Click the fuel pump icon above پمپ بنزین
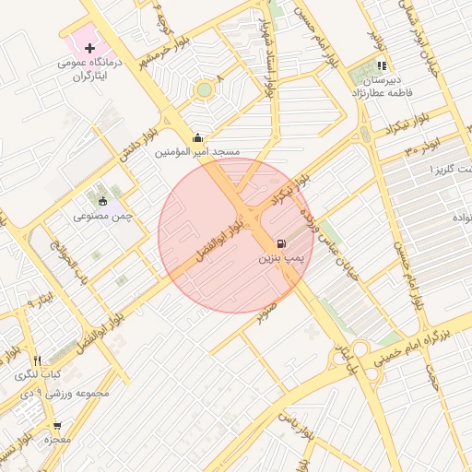pos(280,244)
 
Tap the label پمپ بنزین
pos(280,260)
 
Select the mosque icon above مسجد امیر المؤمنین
pos(196,137)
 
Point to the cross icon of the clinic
pos(89,47)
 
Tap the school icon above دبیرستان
pos(382,65)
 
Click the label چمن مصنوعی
pos(103,216)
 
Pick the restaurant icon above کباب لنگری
pos(37,360)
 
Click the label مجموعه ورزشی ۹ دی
pos(65,394)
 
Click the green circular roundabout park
pos(204,89)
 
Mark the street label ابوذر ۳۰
pos(421,146)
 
